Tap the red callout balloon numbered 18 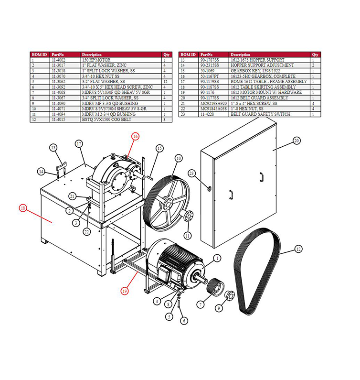tap(22, 208)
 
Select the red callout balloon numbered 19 tap(125, 290)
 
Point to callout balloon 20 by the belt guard tap(296, 141)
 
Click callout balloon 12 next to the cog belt tap(298, 249)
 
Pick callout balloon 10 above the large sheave tap(178, 158)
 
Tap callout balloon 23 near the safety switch tap(192, 173)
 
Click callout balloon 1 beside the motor tap(217, 259)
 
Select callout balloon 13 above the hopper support tap(53, 148)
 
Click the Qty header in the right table tap(315, 54)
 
